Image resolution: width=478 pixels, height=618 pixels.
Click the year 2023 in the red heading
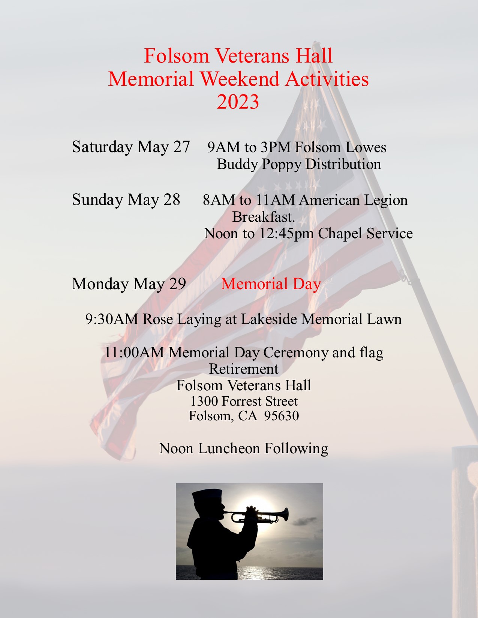[238, 102]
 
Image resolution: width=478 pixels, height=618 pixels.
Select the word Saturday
[102, 147]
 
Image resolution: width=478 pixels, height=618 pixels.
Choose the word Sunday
[97, 200]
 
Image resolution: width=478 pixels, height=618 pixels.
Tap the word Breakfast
[263, 217]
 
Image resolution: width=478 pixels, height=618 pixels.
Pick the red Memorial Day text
[271, 284]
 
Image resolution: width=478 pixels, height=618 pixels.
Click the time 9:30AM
[112, 319]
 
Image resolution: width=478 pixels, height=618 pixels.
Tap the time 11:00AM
[134, 352]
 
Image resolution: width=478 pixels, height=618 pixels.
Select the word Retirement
[244, 369]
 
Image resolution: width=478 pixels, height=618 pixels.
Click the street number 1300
[204, 402]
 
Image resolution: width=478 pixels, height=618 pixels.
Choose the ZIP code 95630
[281, 416]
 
